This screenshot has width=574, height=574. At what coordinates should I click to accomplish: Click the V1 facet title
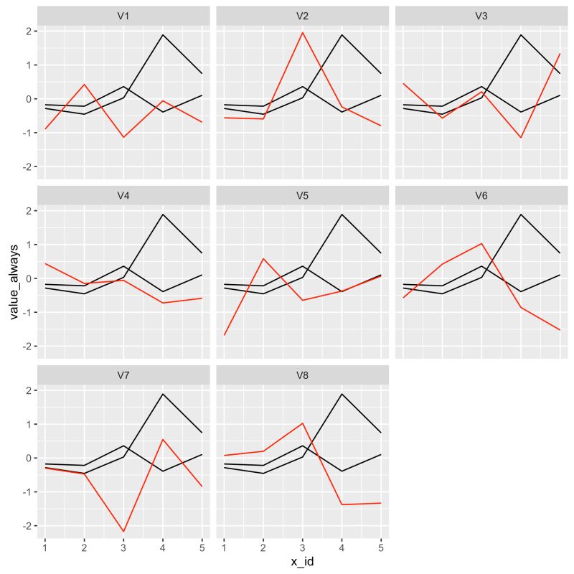(123, 16)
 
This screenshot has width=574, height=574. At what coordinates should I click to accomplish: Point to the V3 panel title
(481, 16)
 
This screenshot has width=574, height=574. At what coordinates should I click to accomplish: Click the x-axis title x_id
(302, 562)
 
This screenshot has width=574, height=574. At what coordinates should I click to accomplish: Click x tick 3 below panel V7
(123, 547)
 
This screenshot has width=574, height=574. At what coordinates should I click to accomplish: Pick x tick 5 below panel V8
(380, 547)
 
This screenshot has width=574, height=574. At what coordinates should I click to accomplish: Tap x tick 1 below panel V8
(225, 547)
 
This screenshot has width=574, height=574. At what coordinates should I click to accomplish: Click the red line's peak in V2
(302, 32)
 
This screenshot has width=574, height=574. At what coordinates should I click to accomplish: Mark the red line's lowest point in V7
(123, 532)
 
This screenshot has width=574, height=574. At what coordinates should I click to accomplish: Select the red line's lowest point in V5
(225, 335)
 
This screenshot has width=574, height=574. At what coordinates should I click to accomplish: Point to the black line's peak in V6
(520, 215)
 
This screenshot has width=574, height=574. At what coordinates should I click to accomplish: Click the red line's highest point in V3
(560, 54)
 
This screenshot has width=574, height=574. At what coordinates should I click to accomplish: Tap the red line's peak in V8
(302, 423)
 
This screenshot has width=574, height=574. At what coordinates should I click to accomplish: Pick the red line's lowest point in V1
(123, 137)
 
